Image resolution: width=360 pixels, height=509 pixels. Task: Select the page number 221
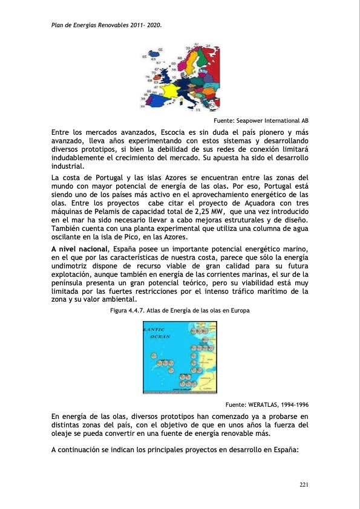304,485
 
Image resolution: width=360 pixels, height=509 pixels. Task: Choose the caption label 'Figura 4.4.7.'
129,310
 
